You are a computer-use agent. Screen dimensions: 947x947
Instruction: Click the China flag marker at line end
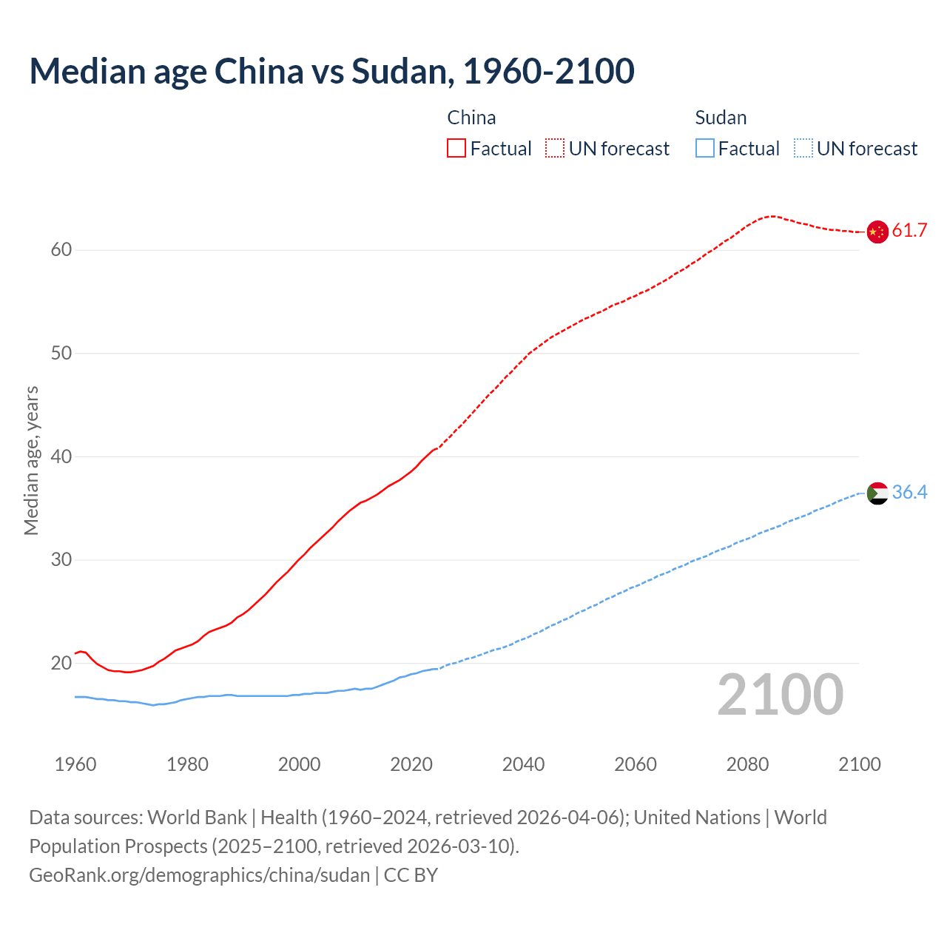(x=877, y=232)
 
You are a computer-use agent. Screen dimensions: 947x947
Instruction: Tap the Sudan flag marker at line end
(x=877, y=493)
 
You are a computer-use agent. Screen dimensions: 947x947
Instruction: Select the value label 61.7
(x=909, y=231)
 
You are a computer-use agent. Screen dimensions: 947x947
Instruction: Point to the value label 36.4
(x=909, y=493)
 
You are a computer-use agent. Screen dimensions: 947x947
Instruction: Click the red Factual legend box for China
(x=456, y=149)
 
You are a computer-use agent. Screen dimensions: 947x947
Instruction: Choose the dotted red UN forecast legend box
(x=555, y=149)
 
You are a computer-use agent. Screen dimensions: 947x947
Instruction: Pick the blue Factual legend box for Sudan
(x=705, y=149)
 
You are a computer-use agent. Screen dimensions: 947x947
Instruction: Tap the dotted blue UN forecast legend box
(x=803, y=149)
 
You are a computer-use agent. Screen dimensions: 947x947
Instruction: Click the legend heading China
(x=471, y=118)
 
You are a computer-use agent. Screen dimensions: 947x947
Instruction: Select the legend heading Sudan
(x=721, y=118)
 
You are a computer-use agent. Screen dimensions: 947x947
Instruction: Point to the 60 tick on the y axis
(x=61, y=250)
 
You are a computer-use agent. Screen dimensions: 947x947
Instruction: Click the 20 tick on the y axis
(x=61, y=664)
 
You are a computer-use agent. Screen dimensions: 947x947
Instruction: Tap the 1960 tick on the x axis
(x=75, y=764)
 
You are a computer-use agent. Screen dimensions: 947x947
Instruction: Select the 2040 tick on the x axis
(x=523, y=764)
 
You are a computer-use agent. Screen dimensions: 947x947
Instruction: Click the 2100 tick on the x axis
(x=860, y=764)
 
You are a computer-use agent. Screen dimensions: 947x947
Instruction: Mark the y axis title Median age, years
(x=31, y=460)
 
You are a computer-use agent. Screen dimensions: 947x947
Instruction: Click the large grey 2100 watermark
(x=780, y=694)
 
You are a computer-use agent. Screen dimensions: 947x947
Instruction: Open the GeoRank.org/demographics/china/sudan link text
(x=199, y=875)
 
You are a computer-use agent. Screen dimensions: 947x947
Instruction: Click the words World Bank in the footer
(x=197, y=818)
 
